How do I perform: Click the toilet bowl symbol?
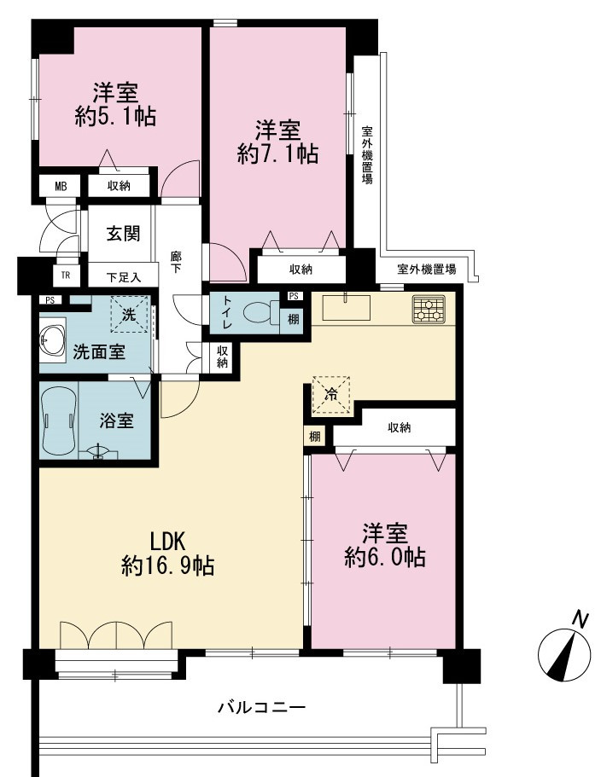coord(261,312)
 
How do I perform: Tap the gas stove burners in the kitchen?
coord(429,309)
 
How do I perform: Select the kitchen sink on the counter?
coord(347,308)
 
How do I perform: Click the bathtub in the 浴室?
coord(59,420)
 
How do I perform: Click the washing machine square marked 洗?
coord(129,314)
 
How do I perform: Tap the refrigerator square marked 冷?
coord(330,396)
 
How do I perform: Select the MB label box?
coord(61,186)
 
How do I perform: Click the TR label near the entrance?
coord(65,275)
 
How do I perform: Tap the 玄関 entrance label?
coord(123,234)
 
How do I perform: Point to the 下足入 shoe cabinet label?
coord(124,277)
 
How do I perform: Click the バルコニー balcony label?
coord(262,706)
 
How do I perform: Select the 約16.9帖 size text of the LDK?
coord(168,565)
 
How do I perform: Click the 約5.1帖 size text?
coord(115,117)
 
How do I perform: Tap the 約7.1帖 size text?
coord(277,154)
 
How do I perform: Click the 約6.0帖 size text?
coord(385,558)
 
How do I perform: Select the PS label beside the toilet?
coord(294,296)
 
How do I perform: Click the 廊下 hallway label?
coord(176,262)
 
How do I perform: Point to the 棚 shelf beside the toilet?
coord(293,319)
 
